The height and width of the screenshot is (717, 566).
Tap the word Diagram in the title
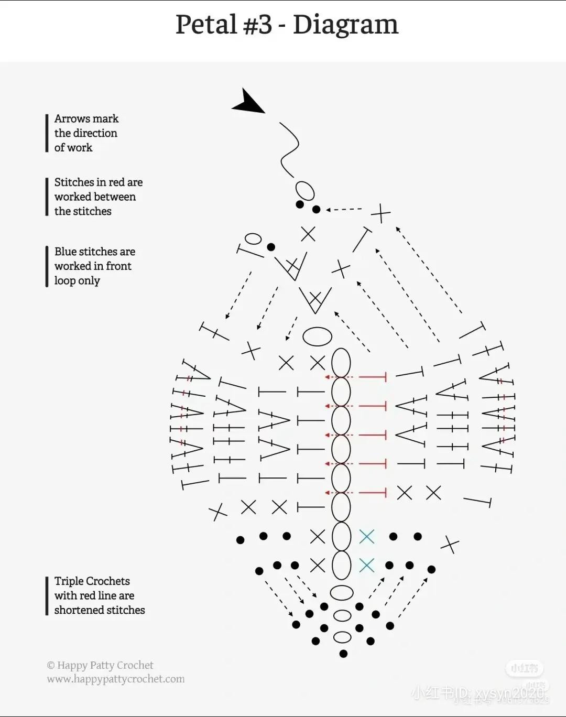click(345, 25)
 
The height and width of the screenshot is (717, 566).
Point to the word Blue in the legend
click(65, 252)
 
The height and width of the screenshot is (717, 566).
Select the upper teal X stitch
click(367, 536)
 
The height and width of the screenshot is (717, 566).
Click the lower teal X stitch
click(367, 565)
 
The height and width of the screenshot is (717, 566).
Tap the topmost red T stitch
click(373, 377)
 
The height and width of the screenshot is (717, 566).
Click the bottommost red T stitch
click(373, 493)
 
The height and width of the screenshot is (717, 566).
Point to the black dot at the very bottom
click(343, 654)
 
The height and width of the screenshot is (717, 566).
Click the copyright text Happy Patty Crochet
click(105, 666)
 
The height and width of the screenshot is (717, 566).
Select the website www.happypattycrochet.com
click(116, 679)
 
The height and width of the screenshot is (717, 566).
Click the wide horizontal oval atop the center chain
click(317, 337)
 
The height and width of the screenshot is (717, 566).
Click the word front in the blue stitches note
click(119, 266)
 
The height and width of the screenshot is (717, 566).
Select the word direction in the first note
click(95, 133)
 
